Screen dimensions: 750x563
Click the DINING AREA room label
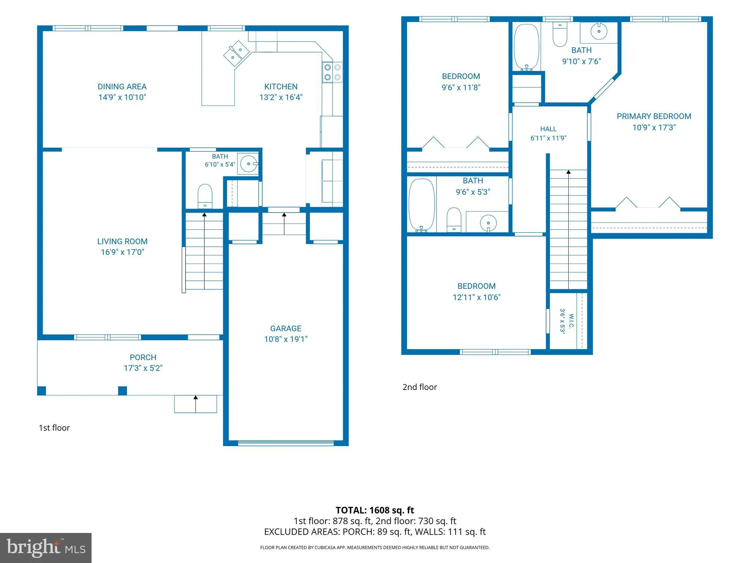122,87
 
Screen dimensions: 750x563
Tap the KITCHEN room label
281,87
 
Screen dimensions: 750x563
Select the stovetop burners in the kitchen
333,72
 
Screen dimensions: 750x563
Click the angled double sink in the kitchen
237,54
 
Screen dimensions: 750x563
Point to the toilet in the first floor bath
205,196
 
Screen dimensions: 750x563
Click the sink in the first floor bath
249,163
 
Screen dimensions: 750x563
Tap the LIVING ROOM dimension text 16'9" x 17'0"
122,252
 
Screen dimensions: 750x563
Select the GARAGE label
286,329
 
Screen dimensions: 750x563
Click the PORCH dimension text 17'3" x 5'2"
143,368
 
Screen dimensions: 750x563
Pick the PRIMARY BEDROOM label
654,117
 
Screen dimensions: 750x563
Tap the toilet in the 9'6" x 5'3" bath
454,220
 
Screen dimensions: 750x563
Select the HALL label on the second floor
548,129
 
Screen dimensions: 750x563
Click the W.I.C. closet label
571,321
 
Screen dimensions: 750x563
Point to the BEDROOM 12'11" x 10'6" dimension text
476,297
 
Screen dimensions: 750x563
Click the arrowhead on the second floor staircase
568,172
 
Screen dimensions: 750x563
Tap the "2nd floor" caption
420,387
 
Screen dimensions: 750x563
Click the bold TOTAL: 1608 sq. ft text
375,510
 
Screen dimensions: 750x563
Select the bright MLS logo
46,548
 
